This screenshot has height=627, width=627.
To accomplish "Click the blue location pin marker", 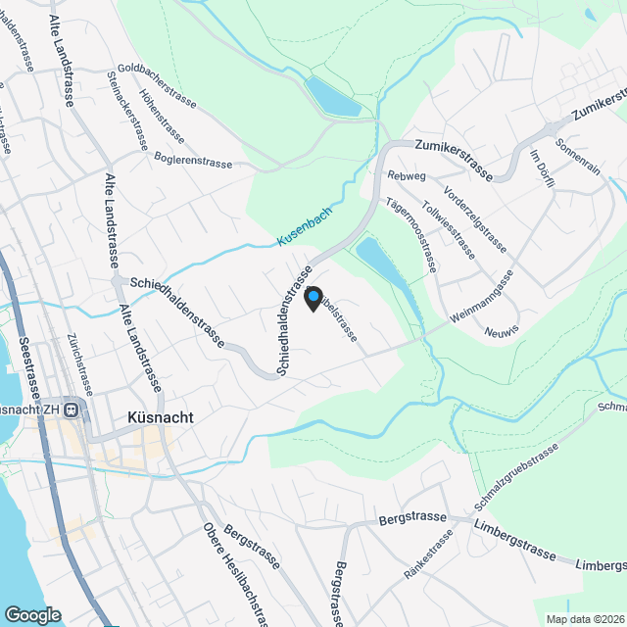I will coord(313,298).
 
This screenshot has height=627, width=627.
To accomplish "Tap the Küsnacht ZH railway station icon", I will coord(71,410).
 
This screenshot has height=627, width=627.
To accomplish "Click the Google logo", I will coord(32,614).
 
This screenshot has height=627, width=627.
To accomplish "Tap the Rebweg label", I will coord(407,175).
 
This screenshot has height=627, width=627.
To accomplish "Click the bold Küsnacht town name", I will coord(160,416).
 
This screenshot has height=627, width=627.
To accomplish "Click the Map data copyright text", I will coord(585,618).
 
